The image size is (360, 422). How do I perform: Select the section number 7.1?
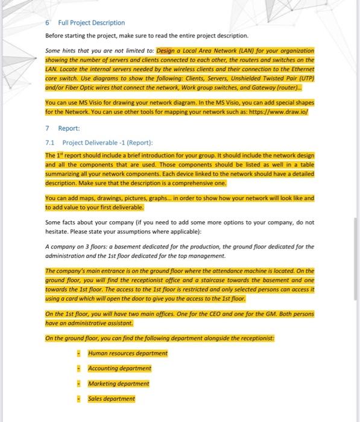tap(50, 143)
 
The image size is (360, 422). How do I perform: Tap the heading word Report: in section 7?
tap(69, 128)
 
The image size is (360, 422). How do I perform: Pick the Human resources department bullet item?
tap(128, 353)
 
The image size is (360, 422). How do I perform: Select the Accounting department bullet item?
tap(119, 368)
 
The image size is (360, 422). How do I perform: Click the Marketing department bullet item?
tap(119, 383)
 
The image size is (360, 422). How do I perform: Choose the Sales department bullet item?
tap(111, 398)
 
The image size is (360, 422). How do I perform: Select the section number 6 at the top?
tap(48, 23)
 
